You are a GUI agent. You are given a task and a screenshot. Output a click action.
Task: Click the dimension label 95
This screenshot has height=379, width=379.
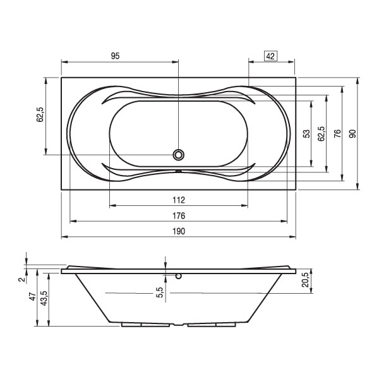click(x=116, y=56)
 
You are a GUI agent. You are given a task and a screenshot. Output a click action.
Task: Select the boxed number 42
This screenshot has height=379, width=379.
click(x=270, y=56)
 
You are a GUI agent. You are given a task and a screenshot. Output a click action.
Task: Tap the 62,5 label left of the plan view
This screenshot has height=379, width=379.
click(x=40, y=114)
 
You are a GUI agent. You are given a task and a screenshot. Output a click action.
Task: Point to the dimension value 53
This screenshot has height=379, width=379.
click(x=306, y=134)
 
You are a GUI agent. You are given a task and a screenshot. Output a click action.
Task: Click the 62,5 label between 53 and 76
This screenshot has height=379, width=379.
click(x=322, y=134)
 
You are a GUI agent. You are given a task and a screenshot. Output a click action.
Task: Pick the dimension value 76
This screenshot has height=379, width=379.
click(x=337, y=134)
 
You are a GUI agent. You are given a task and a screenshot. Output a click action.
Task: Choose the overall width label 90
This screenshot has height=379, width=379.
click(x=352, y=134)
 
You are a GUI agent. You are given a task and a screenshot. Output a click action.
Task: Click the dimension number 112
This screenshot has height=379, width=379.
click(x=179, y=200)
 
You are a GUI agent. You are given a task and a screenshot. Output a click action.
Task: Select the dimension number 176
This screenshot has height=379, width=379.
click(x=179, y=215)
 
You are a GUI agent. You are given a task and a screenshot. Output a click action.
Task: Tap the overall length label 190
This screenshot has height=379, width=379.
click(x=179, y=231)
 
